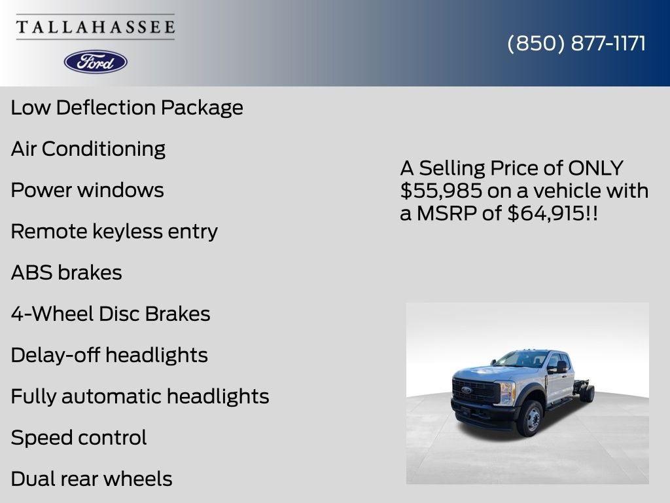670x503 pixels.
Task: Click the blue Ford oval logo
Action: click(96, 62)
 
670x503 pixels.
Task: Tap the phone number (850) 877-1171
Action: click(576, 43)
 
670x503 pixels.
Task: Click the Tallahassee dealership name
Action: click(96, 27)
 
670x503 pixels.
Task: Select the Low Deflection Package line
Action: click(127, 107)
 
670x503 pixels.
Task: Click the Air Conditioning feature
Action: click(88, 149)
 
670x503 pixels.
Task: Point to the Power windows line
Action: click(87, 190)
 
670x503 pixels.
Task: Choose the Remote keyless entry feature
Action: click(115, 231)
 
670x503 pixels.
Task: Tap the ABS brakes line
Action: click(67, 272)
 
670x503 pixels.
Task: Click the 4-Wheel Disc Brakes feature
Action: click(111, 314)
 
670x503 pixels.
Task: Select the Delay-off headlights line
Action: click(109, 355)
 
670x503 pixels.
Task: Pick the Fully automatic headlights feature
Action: click(140, 396)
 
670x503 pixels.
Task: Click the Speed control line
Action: click(79, 438)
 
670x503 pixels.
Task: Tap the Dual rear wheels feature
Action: click(92, 479)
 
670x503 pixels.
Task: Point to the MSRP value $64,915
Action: click(546, 213)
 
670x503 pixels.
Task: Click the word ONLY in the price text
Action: click(595, 168)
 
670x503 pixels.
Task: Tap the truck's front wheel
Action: click(531, 419)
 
